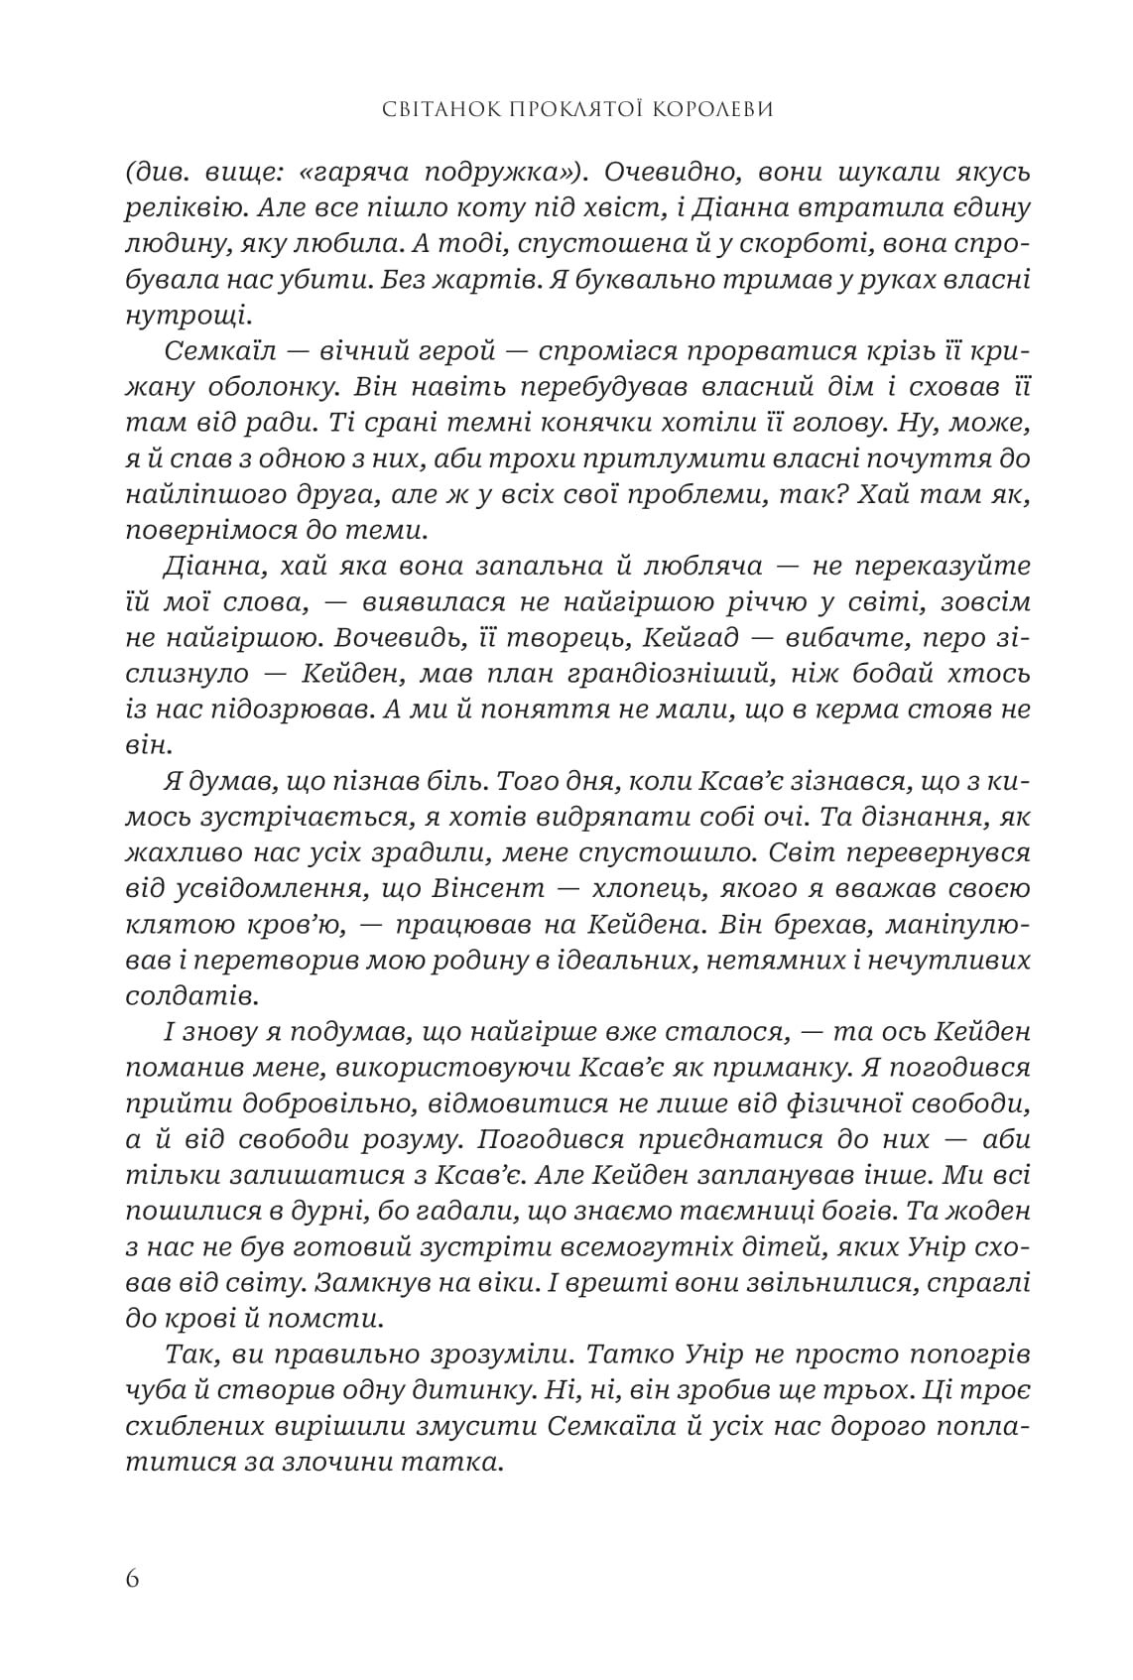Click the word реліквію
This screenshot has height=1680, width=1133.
point(180,209)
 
